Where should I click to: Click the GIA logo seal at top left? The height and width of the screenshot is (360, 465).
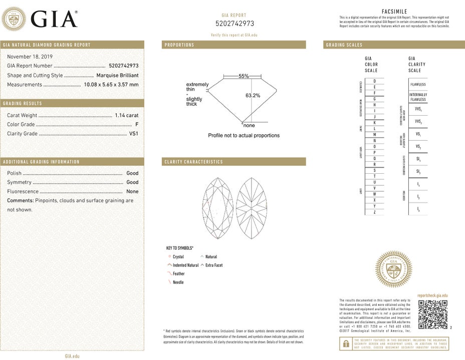tap(14, 20)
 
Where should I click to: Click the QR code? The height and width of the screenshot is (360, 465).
tap(432, 314)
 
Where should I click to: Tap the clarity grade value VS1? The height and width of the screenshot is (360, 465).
tap(134, 134)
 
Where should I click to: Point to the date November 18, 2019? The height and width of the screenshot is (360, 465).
tap(30, 57)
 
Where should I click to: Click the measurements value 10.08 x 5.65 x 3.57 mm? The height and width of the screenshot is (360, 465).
tap(111, 85)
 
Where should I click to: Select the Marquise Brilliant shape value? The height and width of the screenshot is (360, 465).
tap(117, 76)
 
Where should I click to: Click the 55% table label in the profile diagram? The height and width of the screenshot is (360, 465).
tap(244, 76)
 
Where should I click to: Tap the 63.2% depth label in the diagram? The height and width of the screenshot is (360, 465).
tap(253, 95)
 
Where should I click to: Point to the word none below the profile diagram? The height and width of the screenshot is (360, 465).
tap(249, 125)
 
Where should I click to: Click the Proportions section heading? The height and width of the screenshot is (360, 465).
tap(179, 45)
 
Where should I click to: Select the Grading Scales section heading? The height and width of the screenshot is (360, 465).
tap(344, 45)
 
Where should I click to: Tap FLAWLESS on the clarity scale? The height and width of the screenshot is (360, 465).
tap(418, 85)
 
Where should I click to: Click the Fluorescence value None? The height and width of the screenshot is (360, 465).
tap(132, 191)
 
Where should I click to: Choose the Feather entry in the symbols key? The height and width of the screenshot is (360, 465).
tap(178, 274)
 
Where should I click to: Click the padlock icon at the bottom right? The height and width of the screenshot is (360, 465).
tap(345, 343)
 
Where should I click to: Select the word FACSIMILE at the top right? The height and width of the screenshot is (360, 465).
tap(394, 11)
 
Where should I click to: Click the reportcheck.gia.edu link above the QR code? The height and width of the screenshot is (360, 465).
tap(432, 296)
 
